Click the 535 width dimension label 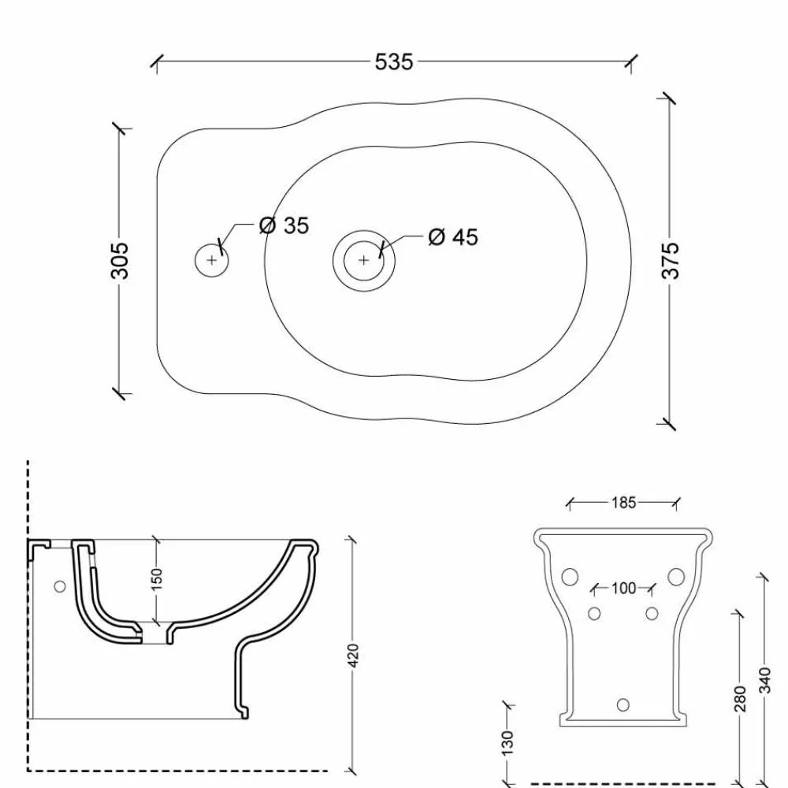[x=394, y=62]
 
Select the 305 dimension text [x=120, y=259]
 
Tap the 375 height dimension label [x=670, y=259]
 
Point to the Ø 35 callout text [x=284, y=226]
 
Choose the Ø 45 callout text [x=452, y=236]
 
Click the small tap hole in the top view [x=211, y=259]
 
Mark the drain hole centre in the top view [x=363, y=259]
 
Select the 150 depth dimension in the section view [x=156, y=579]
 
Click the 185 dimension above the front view [x=623, y=502]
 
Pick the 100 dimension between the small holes [x=623, y=588]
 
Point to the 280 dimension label [x=740, y=697]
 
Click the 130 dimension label [x=507, y=742]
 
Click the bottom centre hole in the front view [x=623, y=704]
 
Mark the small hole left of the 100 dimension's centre [x=595, y=613]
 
